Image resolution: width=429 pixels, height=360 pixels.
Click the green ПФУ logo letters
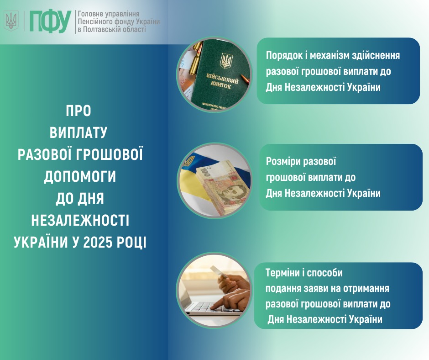tap(50, 21)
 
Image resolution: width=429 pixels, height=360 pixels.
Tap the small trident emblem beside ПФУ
tap(11, 21)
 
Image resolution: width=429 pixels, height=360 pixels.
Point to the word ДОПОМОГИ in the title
tap(80, 176)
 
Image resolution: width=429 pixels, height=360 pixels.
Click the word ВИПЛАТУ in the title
tap(78, 132)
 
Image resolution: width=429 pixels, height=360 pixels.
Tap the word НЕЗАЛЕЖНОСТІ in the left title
tap(80, 221)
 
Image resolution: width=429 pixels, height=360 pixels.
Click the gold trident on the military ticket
tap(226, 61)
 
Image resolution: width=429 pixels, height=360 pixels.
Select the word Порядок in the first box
tap(283, 56)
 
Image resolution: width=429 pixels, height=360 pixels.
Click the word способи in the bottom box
tap(325, 273)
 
